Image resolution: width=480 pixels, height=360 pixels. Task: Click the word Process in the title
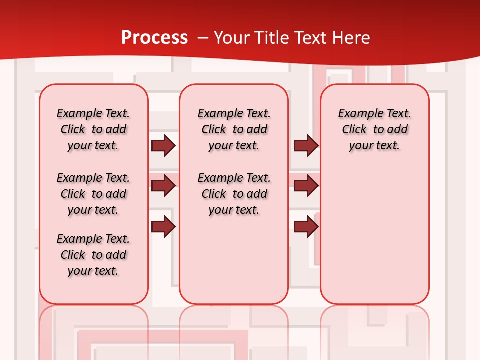(x=154, y=38)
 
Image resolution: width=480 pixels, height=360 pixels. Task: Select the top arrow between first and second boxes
(x=163, y=145)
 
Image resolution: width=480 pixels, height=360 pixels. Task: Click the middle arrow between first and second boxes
(x=163, y=186)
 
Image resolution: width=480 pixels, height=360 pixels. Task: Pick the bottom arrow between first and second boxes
(x=163, y=227)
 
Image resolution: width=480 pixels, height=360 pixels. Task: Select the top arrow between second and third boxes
(x=306, y=145)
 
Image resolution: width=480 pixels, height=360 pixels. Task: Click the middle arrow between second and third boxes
(x=306, y=186)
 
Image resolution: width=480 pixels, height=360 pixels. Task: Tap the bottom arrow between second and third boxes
(x=306, y=227)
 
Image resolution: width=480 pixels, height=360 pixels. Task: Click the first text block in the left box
(x=93, y=129)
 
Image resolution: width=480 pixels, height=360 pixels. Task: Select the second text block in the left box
(x=93, y=194)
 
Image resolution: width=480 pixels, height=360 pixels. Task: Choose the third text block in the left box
(x=93, y=255)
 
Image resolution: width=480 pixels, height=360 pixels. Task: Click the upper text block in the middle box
(x=234, y=129)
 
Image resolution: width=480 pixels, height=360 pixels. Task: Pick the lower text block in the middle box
(x=234, y=194)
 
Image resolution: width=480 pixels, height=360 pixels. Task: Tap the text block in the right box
(x=374, y=129)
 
